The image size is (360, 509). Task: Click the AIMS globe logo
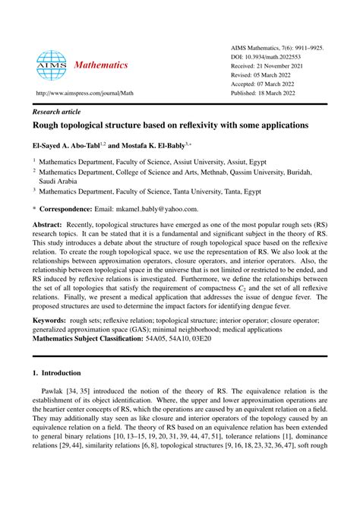tap(52, 65)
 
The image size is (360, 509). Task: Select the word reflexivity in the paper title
tap(206, 125)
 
